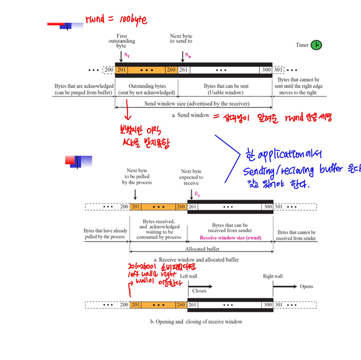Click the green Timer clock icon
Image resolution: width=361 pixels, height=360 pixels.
pyautogui.click(x=316, y=45)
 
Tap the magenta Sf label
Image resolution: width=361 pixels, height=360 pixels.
pyautogui.click(x=126, y=56)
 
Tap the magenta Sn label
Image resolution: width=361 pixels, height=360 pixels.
pyautogui.click(x=188, y=56)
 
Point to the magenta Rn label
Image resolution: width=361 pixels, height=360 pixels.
pyautogui.click(x=197, y=194)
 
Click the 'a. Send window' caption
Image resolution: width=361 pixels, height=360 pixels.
pyautogui.click(x=190, y=115)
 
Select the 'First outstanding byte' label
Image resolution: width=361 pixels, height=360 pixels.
pyautogui.click(x=121, y=41)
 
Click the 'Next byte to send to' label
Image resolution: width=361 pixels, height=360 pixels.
pyautogui.click(x=181, y=38)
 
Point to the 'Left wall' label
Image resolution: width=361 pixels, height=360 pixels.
pyautogui.click(x=189, y=276)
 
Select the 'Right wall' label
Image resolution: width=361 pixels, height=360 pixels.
pyautogui.click(x=272, y=276)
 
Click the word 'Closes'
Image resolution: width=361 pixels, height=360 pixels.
pyautogui.click(x=199, y=291)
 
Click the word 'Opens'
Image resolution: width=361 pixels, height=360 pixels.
pyautogui.click(x=306, y=287)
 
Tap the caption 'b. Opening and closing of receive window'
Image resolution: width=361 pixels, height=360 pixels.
pyautogui.click(x=196, y=322)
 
